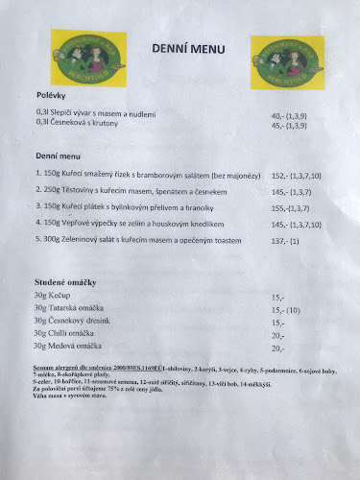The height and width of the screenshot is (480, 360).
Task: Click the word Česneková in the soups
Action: click(72, 123)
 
